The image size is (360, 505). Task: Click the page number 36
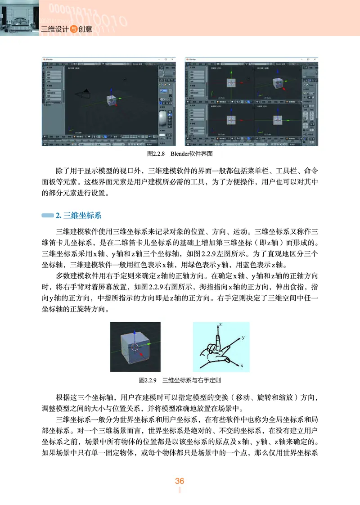coord(180,481)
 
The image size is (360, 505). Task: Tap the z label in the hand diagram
coord(221,324)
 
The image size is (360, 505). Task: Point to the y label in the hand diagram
coord(243,337)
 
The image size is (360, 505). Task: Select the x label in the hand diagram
coord(242,366)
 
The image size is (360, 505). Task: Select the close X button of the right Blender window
coord(315,59)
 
